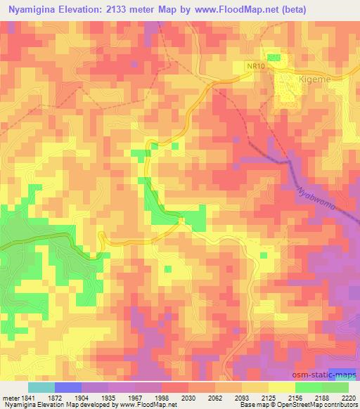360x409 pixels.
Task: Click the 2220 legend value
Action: tap(348, 397)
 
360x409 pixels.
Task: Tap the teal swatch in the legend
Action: tap(41, 387)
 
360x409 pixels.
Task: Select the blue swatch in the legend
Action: tap(68, 387)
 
